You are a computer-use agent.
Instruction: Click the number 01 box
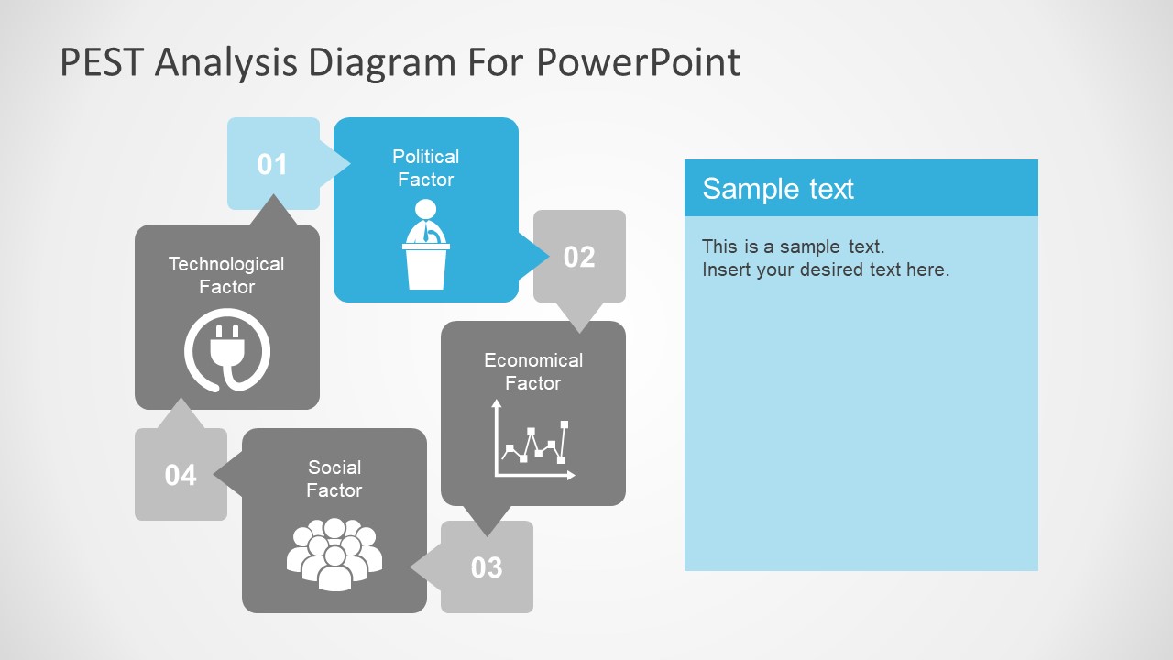pos(272,164)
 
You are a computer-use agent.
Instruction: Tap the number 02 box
pos(579,257)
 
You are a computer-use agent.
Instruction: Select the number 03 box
pos(487,567)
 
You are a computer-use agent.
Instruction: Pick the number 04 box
pos(181,475)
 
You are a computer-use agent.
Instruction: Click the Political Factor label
pos(425,168)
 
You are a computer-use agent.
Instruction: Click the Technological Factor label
pos(226,275)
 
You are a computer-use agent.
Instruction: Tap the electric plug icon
pos(227,351)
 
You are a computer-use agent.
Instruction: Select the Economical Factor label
pos(532,371)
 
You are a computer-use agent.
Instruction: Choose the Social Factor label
pos(334,478)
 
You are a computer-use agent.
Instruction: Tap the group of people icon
pos(334,553)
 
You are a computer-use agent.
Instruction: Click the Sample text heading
pos(778,189)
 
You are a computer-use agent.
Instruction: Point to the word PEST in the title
pos(102,62)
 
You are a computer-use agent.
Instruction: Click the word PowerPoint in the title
pos(638,62)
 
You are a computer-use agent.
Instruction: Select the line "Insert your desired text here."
pos(825,269)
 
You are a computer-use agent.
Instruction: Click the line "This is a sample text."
pos(793,247)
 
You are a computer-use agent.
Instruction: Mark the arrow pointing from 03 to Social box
pos(423,567)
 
